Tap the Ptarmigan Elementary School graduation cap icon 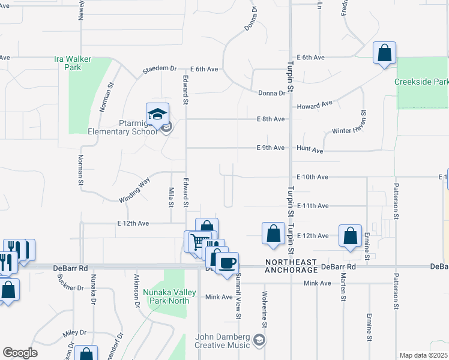point(157,113)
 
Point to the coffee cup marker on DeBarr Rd point(227,263)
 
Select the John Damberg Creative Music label point(221,341)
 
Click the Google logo point(20,353)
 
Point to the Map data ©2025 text point(423,355)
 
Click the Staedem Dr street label point(160,70)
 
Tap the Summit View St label point(238,300)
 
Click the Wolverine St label point(264,309)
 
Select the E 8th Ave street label point(270,119)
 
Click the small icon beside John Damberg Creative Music point(259,341)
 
